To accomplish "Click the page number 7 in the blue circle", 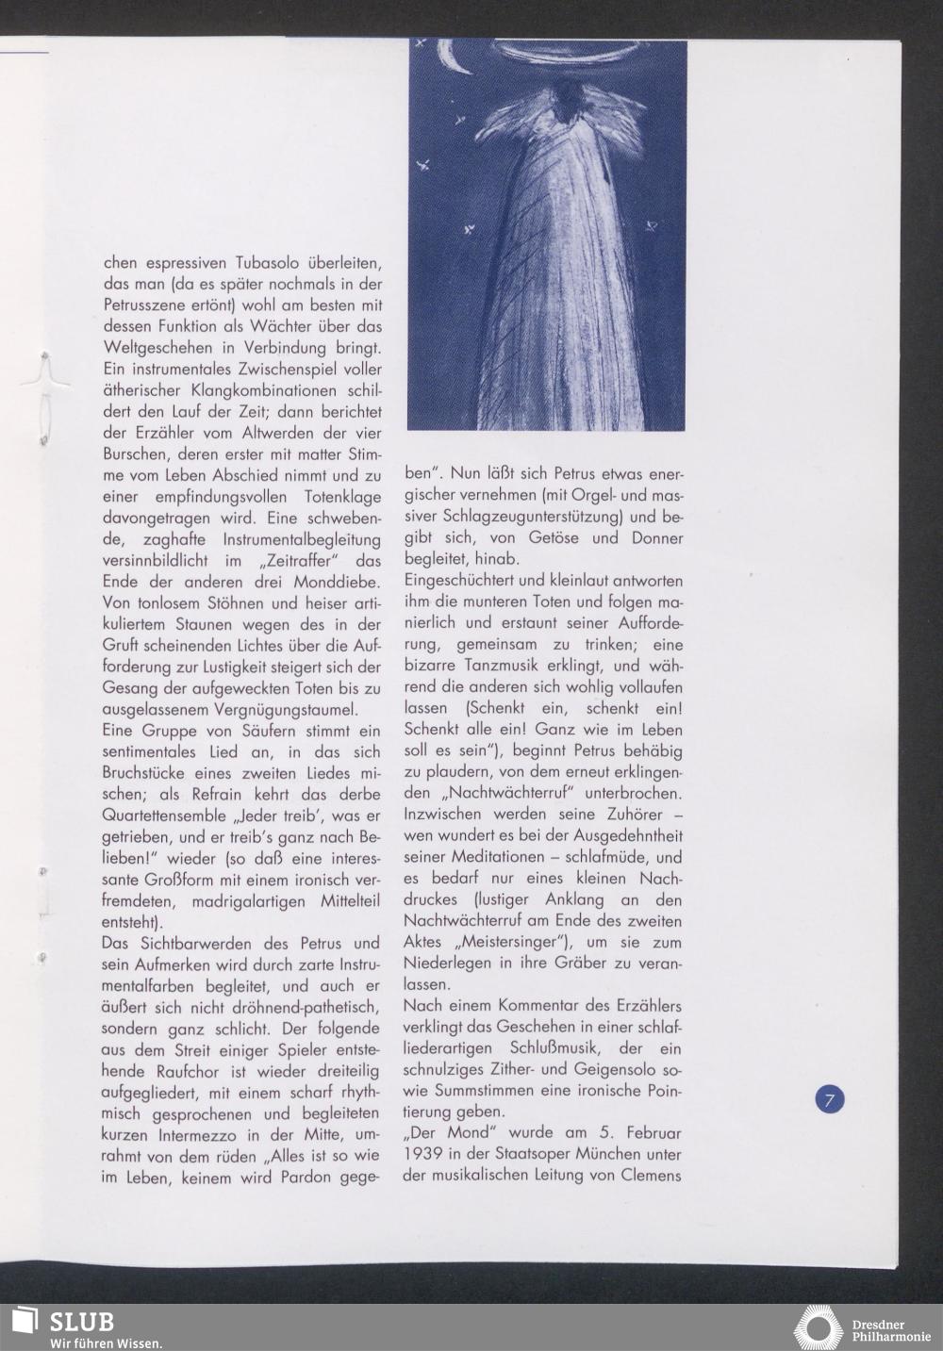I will point(829,1099).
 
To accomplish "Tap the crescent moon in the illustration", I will point(455,59).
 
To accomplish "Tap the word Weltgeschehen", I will point(156,350).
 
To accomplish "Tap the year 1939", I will point(427,1154).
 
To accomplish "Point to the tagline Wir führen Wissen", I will point(107,1343).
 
